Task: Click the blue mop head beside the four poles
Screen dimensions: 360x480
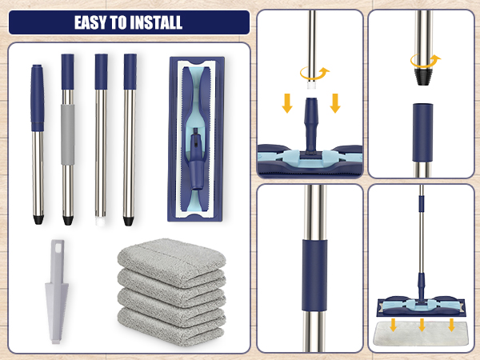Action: click(195, 139)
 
